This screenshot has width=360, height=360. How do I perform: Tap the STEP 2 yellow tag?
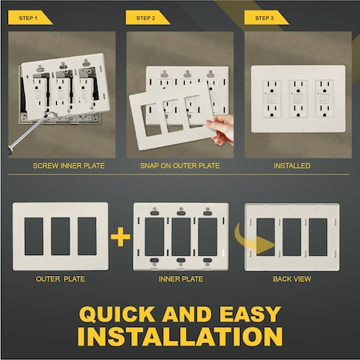click(148, 17)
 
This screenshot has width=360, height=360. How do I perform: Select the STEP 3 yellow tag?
click(266, 17)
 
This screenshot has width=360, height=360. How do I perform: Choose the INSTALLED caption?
click(291, 166)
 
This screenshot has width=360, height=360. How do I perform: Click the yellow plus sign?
click(121, 237)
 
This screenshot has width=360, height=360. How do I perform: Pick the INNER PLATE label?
click(181, 280)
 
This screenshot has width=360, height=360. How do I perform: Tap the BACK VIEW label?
click(291, 280)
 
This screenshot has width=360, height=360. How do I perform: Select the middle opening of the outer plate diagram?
click(60, 236)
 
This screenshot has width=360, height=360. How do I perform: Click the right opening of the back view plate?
click(319, 237)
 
